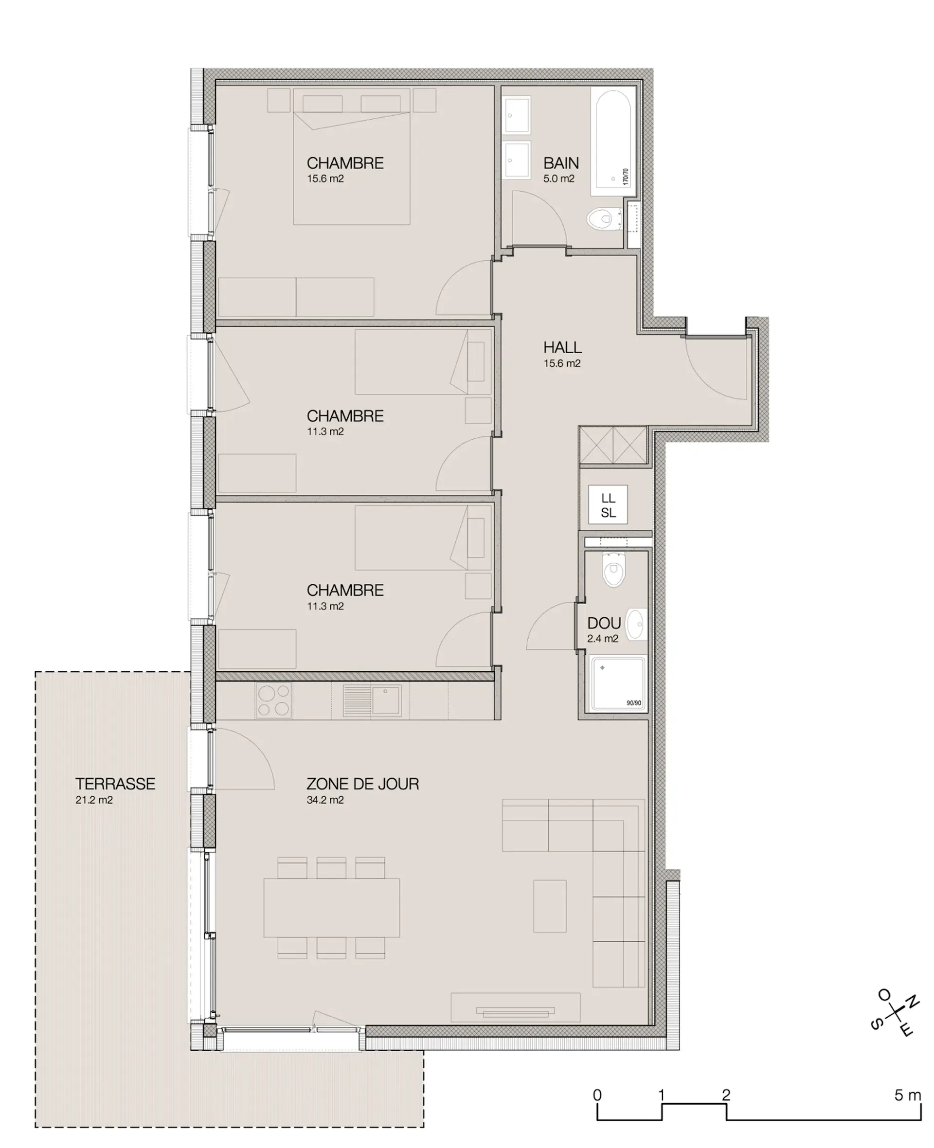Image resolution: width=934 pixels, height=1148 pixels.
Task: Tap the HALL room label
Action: tap(562, 347)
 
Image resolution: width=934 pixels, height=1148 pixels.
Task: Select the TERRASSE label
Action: tap(115, 784)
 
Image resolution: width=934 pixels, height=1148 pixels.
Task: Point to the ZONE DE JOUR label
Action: tap(362, 784)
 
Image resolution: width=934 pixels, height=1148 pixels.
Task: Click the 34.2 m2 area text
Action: tap(325, 800)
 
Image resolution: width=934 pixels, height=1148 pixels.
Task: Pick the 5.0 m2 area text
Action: tap(558, 179)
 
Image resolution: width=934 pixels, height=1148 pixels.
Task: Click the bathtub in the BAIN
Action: tap(613, 141)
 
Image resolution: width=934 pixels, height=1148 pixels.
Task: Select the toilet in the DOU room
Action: tap(613, 571)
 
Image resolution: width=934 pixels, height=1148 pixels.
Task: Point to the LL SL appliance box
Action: tap(608, 504)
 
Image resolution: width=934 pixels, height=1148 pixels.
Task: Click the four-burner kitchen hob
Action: tap(273, 700)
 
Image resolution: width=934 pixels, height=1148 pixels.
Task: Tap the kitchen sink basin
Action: tap(386, 700)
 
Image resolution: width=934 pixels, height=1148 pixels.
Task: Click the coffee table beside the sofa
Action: tap(550, 906)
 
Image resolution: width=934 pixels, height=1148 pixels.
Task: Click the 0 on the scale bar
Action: tap(597, 1095)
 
